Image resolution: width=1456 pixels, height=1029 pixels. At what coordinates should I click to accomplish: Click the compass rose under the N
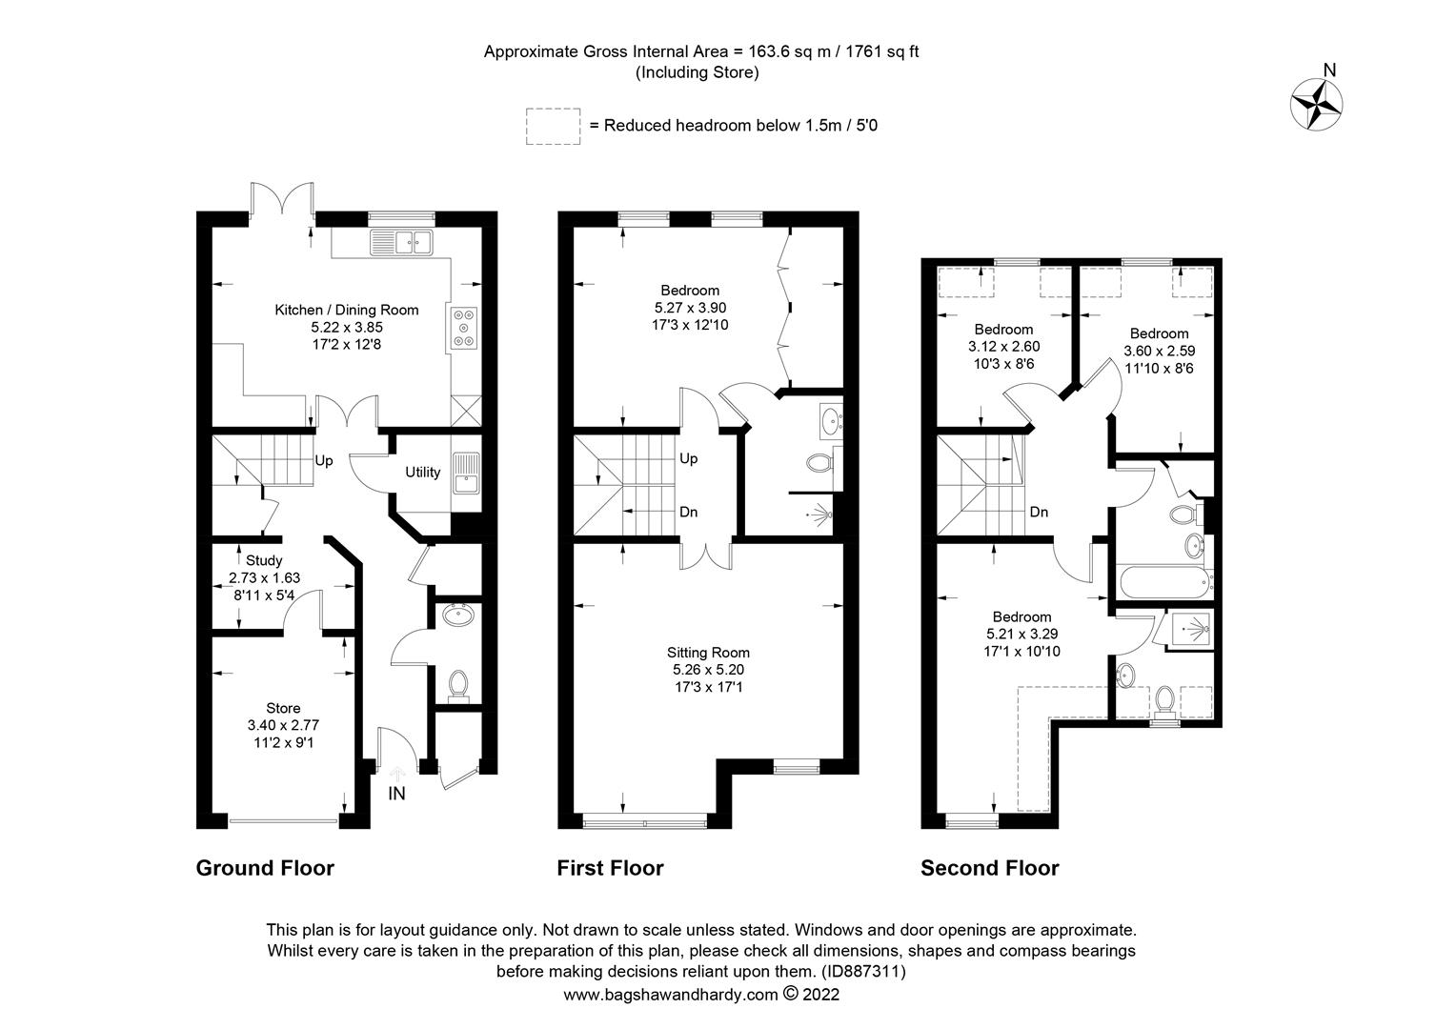click(1316, 104)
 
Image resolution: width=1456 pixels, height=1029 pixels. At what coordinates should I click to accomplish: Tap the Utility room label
click(422, 472)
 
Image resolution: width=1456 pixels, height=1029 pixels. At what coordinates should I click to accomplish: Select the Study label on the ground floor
click(264, 560)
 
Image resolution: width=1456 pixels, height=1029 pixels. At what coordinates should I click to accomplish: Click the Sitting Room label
click(708, 652)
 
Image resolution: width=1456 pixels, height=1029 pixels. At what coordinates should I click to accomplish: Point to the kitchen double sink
click(401, 242)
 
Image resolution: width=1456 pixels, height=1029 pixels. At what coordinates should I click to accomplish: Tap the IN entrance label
click(396, 793)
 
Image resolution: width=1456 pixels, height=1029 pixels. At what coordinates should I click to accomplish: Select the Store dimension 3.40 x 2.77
click(283, 725)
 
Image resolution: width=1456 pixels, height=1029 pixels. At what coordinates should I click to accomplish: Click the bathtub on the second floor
click(1164, 582)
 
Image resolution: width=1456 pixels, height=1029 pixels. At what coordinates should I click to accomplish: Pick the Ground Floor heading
click(265, 868)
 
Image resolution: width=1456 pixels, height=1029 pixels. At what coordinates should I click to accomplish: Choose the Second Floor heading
click(990, 868)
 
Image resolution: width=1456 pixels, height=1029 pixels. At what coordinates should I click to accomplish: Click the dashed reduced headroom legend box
click(554, 126)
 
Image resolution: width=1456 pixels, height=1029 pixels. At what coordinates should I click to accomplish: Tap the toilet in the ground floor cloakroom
click(458, 685)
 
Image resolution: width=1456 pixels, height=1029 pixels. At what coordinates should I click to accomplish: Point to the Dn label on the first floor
click(688, 512)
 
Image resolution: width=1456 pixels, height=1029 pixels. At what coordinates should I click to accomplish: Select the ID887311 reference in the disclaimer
click(863, 971)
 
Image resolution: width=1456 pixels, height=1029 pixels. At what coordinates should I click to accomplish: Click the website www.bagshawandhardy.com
click(671, 995)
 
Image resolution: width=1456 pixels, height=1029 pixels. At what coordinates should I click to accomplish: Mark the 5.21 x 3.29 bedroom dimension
click(1021, 634)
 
